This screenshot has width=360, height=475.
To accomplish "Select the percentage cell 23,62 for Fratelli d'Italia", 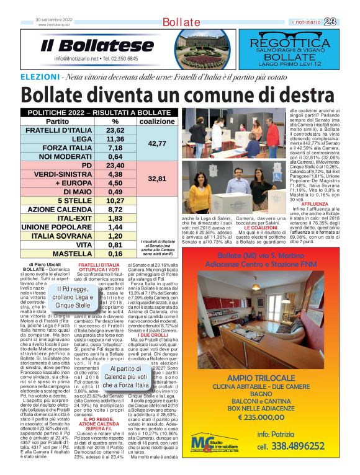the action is point(115,131).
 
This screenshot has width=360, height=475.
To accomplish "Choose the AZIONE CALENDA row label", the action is point(60,210).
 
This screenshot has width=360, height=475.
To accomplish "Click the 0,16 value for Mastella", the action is point(115,254).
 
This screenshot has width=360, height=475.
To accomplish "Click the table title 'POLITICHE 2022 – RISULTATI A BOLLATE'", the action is point(95,112).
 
